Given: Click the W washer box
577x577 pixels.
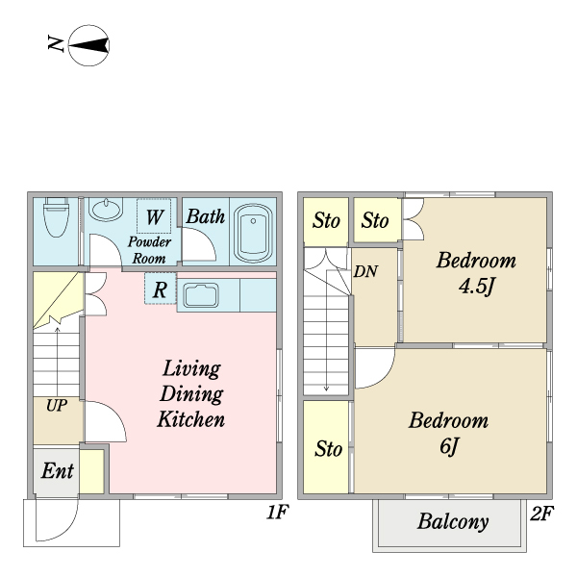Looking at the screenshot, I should (154, 216).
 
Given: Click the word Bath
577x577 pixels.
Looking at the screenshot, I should (205, 216).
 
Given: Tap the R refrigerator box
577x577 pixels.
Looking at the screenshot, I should (161, 288).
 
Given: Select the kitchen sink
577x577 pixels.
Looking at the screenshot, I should (202, 294).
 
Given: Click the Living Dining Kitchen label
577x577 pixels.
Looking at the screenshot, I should (190, 393).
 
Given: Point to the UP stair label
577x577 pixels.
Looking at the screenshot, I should (57, 406).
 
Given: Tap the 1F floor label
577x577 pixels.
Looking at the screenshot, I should (278, 514).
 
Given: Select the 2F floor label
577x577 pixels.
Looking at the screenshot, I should (541, 514).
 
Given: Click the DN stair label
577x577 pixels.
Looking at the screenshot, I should (365, 271).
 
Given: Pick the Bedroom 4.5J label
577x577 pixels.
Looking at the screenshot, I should (476, 273).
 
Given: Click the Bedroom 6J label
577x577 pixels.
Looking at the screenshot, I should (448, 434).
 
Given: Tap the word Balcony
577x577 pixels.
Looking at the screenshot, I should (453, 523).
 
